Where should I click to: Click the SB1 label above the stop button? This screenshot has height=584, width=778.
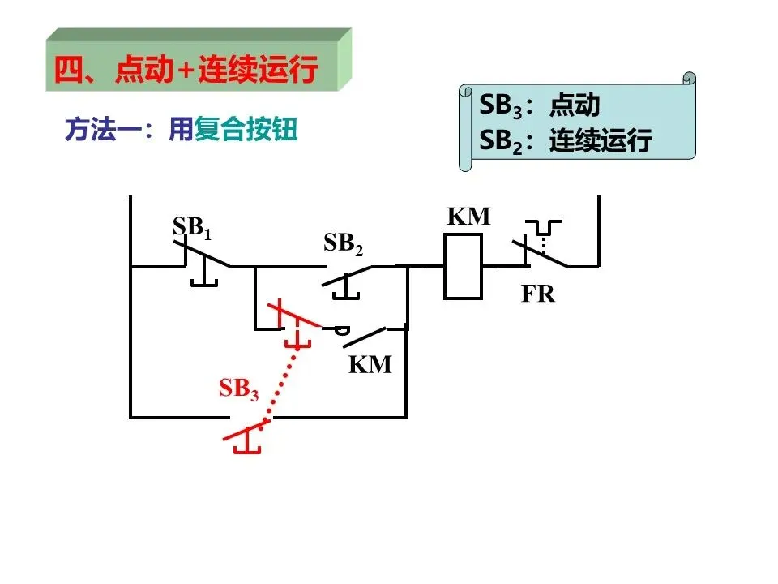pyautogui.click(x=192, y=228)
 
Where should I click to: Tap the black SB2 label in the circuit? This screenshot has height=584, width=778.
pyautogui.click(x=344, y=244)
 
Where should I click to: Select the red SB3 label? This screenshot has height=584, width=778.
pyautogui.click(x=239, y=389)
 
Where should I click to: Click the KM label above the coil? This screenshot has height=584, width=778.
pyautogui.click(x=468, y=216)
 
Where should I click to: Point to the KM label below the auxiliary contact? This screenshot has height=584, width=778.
pyautogui.click(x=370, y=364)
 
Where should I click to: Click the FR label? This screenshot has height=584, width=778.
pyautogui.click(x=538, y=294)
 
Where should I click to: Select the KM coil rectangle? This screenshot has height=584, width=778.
pyautogui.click(x=463, y=267)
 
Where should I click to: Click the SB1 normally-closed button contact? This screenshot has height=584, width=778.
pyautogui.click(x=202, y=262)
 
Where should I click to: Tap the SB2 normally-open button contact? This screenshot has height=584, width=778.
pyautogui.click(x=346, y=281)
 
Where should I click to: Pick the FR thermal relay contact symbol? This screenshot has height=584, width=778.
pyautogui.click(x=541, y=244)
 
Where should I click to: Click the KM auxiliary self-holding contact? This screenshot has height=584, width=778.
pyautogui.click(x=364, y=337)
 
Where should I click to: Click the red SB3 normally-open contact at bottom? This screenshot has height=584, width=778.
pyautogui.click(x=246, y=436)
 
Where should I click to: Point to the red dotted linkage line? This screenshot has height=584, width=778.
pyautogui.click(x=282, y=384)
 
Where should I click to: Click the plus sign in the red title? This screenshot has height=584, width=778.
pyautogui.click(x=186, y=71)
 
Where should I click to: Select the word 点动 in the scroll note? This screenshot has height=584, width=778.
pyautogui.click(x=575, y=105)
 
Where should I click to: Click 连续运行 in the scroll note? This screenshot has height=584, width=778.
pyautogui.click(x=601, y=140)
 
